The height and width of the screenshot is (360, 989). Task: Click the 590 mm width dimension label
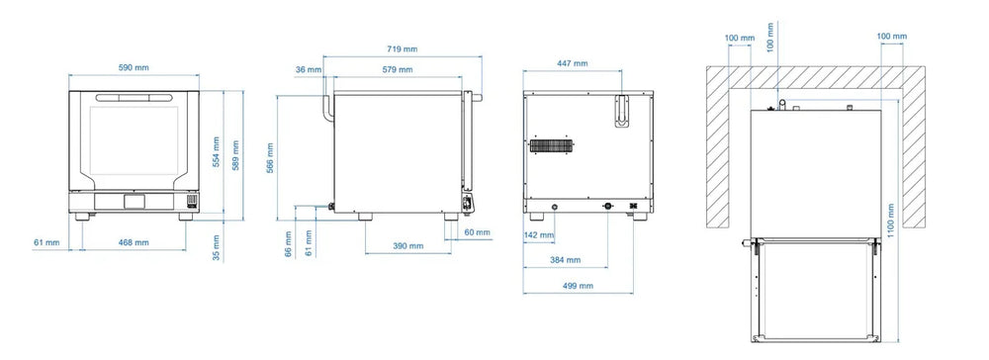(x=134, y=67)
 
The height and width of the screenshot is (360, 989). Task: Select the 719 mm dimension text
(x=402, y=48)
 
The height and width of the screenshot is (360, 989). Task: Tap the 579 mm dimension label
(x=398, y=69)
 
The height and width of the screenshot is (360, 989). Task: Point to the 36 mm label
(x=309, y=69)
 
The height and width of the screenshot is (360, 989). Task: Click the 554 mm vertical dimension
(x=217, y=152)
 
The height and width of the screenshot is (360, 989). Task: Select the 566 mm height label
(x=270, y=158)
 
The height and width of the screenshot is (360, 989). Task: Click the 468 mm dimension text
(x=134, y=242)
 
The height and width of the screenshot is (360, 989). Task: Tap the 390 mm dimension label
(x=408, y=246)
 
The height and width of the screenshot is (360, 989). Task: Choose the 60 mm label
(x=478, y=232)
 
